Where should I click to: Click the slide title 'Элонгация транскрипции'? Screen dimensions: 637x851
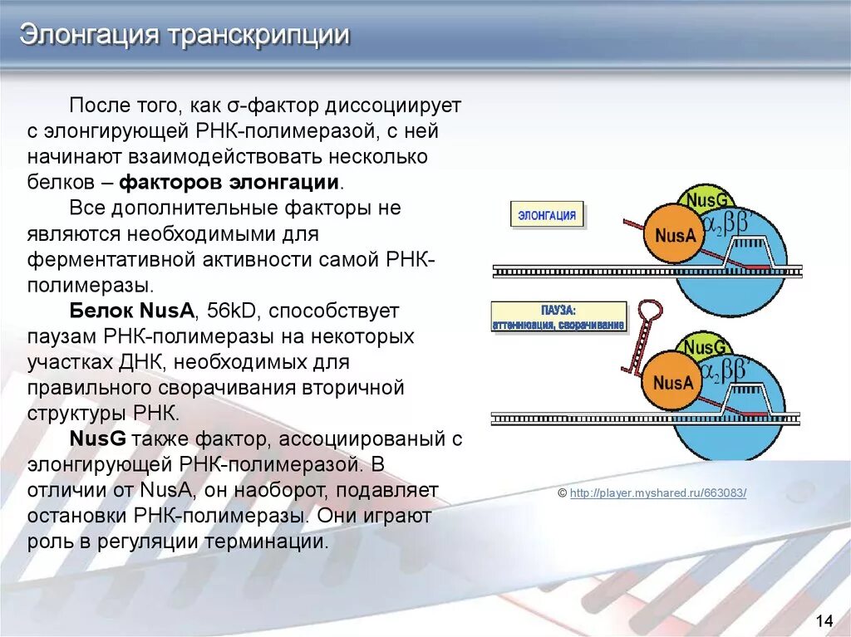[184, 36]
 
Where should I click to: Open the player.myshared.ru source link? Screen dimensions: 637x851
[658, 493]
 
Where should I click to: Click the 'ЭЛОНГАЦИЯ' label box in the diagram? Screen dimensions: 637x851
[547, 215]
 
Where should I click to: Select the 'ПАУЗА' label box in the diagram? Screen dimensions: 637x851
[558, 317]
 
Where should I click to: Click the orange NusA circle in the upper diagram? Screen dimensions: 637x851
[674, 235]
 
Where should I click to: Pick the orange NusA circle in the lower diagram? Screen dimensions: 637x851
[672, 383]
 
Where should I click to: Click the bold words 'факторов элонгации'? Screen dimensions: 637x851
[229, 183]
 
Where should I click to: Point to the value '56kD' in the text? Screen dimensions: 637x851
[232, 311]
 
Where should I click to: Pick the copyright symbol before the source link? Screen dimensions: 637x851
[563, 493]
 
